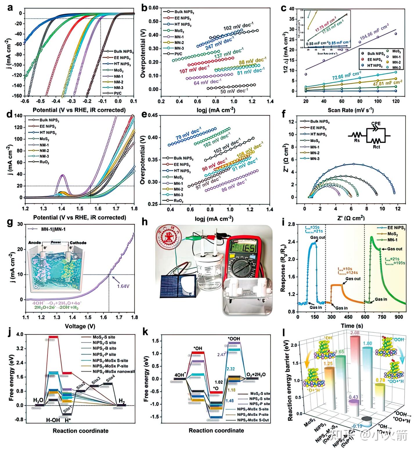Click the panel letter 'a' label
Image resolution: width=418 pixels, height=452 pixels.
(x=10, y=8)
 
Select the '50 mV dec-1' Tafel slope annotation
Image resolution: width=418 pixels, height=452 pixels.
(x=234, y=91)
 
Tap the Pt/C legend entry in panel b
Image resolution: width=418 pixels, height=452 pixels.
(x=175, y=54)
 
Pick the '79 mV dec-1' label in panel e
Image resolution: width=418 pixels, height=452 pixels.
(x=189, y=133)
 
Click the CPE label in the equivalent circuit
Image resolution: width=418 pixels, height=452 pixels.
(x=376, y=123)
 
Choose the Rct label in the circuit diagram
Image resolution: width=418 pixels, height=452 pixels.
(x=376, y=147)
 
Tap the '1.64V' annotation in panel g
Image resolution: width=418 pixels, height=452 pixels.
(x=123, y=286)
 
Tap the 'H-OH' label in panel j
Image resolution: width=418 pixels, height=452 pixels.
(x=53, y=420)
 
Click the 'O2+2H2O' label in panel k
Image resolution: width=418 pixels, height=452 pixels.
(x=256, y=374)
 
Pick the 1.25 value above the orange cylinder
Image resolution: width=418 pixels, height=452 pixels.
(x=328, y=363)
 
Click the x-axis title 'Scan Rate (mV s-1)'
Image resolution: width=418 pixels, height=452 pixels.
(x=351, y=110)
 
